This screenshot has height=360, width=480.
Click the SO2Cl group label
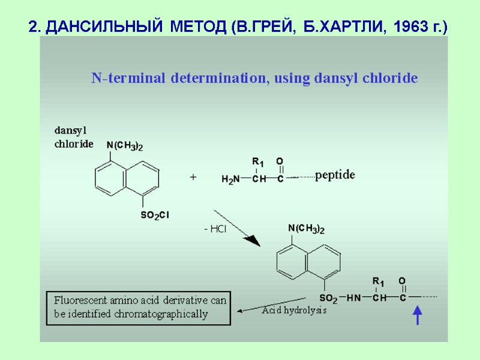(155, 215)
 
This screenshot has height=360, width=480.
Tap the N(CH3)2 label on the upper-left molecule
(124, 145)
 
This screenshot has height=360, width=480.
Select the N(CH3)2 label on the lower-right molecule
(306, 229)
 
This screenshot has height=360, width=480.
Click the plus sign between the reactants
(193, 178)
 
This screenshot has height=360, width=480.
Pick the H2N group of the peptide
(230, 179)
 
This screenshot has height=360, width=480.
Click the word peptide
(335, 175)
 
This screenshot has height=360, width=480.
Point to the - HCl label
(215, 230)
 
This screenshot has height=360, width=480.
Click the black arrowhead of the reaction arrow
(254, 241)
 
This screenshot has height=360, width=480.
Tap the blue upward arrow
(418, 315)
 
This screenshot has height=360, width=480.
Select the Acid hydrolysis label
(294, 311)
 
